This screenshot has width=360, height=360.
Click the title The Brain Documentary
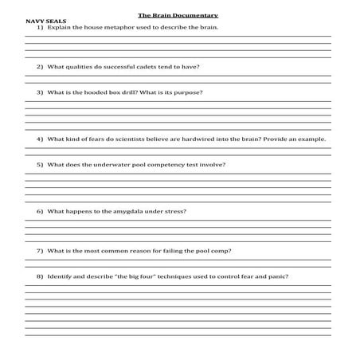[x=178, y=15]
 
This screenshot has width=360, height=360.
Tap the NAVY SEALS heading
[x=46, y=22]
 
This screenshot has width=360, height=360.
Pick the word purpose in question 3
[x=187, y=92]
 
